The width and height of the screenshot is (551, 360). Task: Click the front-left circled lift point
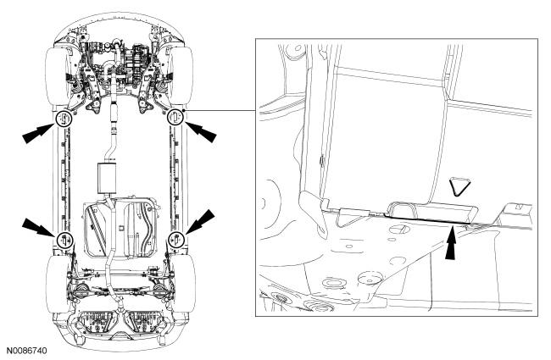pos(63,119)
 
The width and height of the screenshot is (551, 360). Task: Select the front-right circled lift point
pos(175,116)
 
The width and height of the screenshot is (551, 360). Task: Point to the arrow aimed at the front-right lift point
pos(201,130)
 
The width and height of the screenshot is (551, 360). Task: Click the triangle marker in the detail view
pos(460,185)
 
